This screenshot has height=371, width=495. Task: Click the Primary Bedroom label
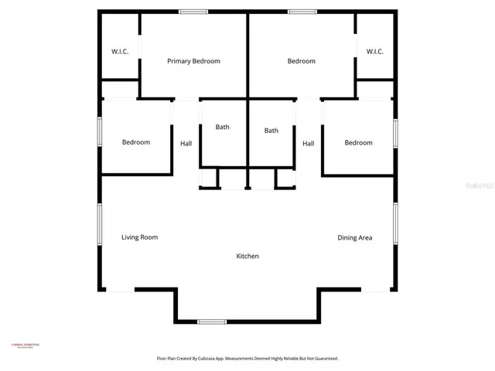195,61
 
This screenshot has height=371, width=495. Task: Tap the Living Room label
139,237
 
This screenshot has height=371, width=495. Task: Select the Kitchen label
247,257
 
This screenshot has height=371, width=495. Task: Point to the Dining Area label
354,238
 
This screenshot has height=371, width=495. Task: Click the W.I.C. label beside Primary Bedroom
120,52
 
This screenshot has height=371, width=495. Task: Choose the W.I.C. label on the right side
375,52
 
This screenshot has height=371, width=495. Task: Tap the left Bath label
223,127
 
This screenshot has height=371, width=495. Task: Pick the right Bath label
271,131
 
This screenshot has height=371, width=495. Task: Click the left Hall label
186,144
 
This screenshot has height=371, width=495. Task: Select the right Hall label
308,144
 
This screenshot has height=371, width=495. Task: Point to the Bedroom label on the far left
136,142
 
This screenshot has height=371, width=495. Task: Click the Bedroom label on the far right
358,143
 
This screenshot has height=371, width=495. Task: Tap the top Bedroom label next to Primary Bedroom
301,61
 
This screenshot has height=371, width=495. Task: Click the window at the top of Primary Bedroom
193,12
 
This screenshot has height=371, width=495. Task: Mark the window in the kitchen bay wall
211,321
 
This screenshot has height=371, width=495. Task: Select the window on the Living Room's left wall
99,224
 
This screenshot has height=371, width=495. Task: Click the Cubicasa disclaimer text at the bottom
247,359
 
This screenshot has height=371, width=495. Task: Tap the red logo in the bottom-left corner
25,345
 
